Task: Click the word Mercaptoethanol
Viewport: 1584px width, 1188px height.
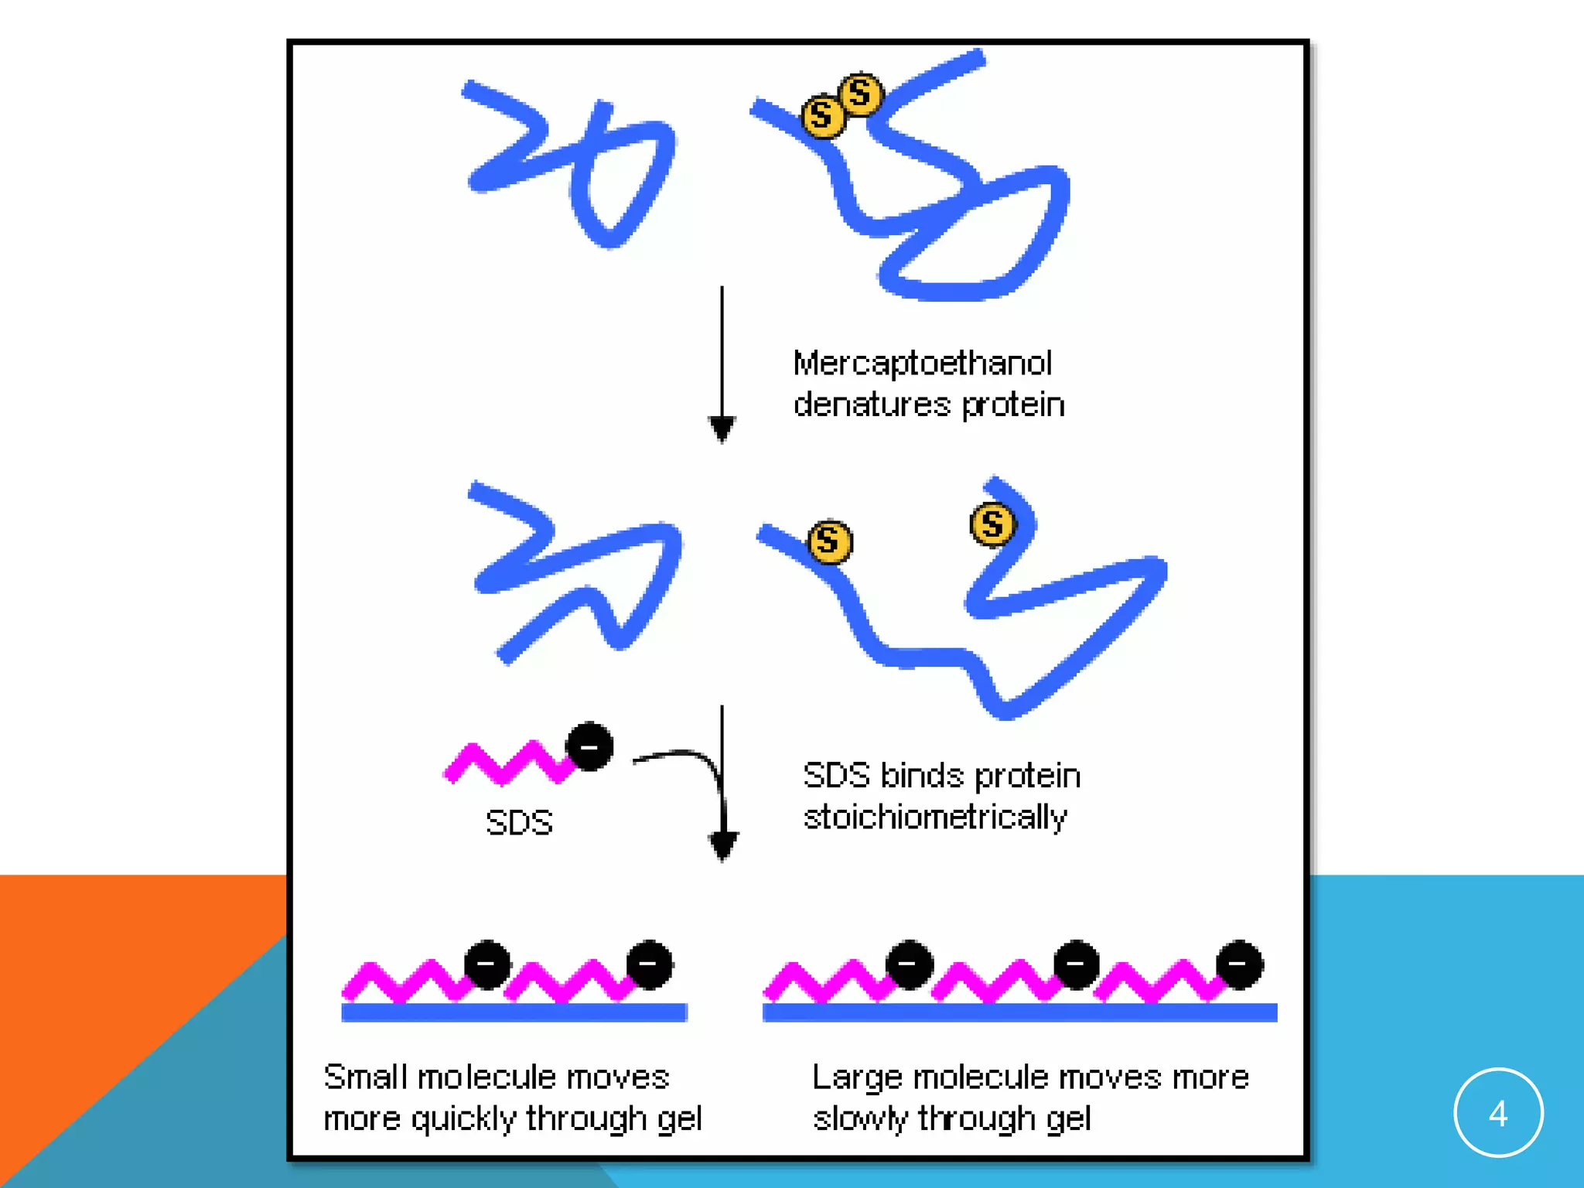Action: pos(922,364)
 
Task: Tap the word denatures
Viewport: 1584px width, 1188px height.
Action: pos(872,405)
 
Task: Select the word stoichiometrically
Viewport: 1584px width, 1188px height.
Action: pos(934,818)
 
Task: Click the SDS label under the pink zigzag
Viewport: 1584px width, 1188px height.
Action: pos(519,822)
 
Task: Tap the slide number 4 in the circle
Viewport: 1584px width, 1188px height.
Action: pos(1498,1114)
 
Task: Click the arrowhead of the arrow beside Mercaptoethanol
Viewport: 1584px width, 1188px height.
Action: pos(722,428)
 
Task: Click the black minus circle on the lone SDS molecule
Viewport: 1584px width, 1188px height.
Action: pos(589,747)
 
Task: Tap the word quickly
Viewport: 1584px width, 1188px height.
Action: pos(463,1119)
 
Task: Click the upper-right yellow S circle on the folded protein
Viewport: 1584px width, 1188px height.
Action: pos(860,94)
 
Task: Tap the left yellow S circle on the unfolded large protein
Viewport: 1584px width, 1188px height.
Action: pos(830,541)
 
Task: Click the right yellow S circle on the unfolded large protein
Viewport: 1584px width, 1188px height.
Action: pos(992,524)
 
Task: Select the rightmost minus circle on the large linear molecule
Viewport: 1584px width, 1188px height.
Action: pos(1239,964)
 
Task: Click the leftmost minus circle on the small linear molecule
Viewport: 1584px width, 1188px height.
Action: pos(487,964)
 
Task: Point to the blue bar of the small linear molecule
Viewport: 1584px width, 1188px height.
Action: pos(514,1012)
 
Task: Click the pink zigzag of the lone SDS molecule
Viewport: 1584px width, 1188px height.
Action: pos(507,764)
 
